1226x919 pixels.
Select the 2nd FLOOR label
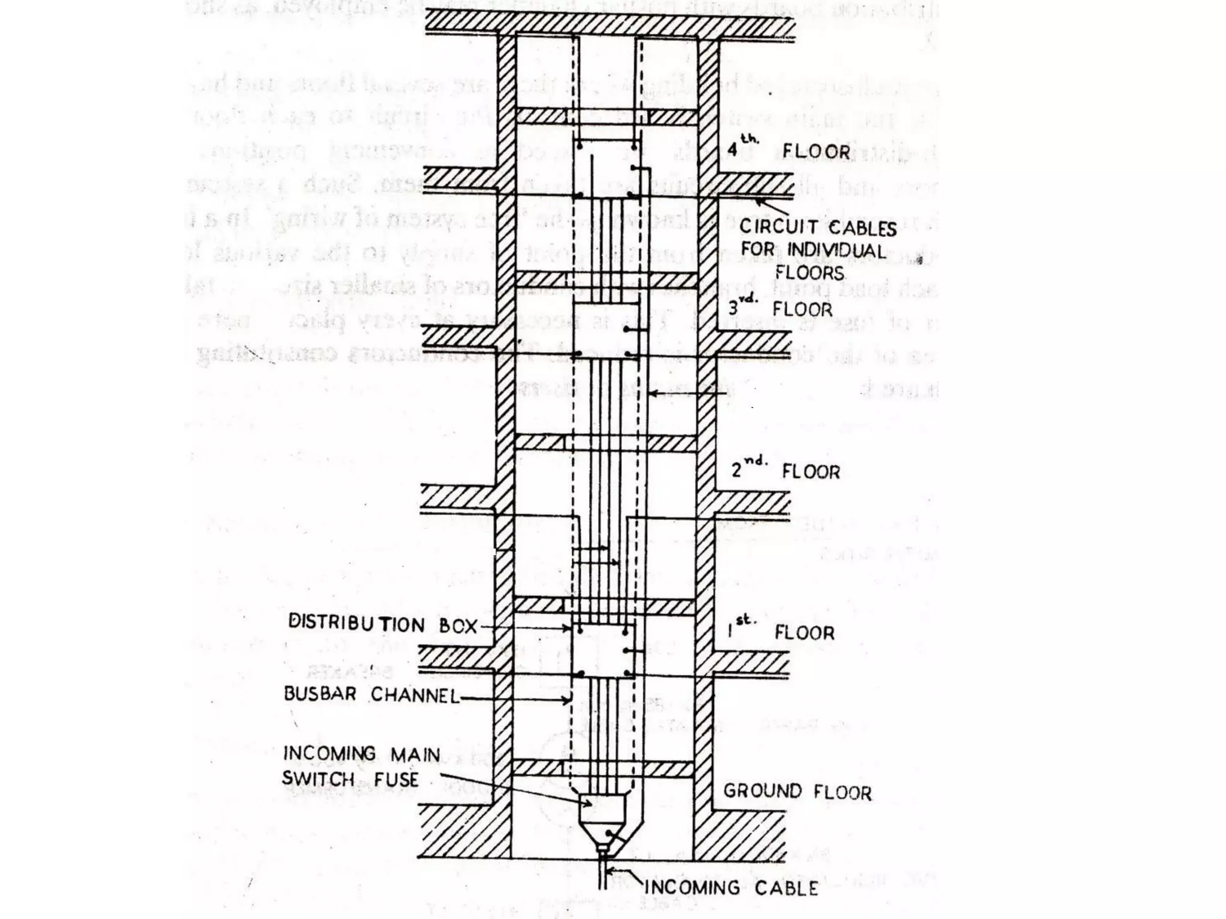(786, 471)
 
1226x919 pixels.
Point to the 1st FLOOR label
(781, 632)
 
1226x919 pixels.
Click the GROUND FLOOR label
(797, 792)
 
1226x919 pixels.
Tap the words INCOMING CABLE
(731, 887)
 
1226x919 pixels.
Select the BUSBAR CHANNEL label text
(371, 694)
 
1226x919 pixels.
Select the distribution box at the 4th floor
(606, 169)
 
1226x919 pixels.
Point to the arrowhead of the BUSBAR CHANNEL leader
(569, 700)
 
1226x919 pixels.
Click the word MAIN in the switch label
(415, 754)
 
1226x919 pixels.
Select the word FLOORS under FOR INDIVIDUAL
(809, 273)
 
